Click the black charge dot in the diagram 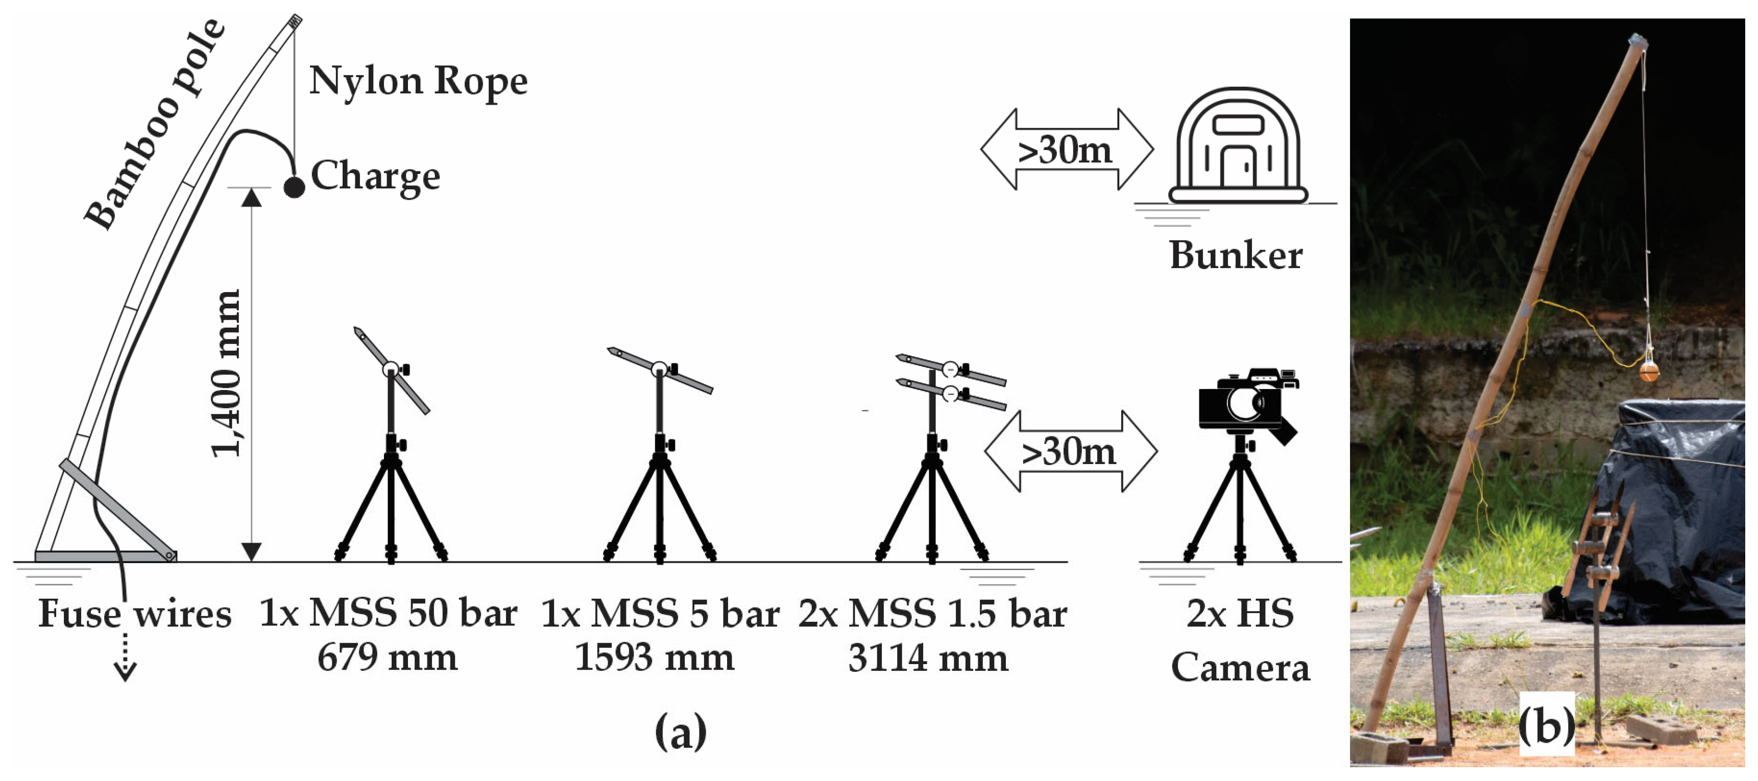tap(294, 186)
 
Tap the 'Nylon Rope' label tap(418, 81)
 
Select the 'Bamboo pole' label tap(156, 125)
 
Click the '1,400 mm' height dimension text tap(226, 373)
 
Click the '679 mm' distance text tap(388, 657)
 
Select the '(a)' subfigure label tap(681, 733)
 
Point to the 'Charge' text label tap(375, 176)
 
